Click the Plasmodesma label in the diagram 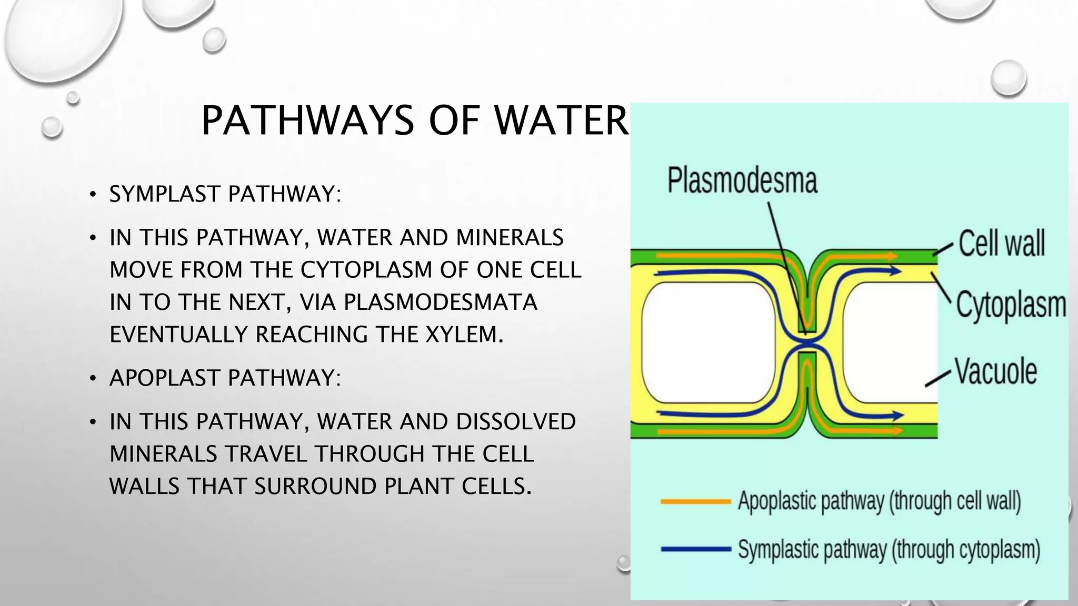[x=742, y=180]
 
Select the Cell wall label [x=1001, y=244]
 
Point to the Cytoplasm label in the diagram [x=1011, y=305]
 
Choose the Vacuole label [x=996, y=371]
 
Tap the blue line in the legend [x=696, y=549]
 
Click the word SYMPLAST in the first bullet [x=165, y=194]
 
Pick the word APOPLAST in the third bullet [x=165, y=378]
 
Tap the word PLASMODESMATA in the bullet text [x=440, y=302]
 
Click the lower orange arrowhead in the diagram [x=893, y=431]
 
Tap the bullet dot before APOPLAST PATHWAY [x=93, y=379]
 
